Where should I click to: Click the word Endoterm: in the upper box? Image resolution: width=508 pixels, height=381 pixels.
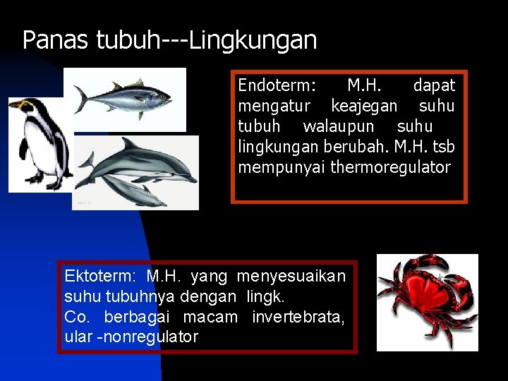(x=277, y=86)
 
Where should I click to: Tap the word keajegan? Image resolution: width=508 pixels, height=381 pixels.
(x=364, y=107)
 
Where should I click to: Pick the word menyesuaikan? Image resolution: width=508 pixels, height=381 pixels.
(x=291, y=276)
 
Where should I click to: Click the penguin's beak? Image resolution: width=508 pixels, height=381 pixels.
(x=13, y=105)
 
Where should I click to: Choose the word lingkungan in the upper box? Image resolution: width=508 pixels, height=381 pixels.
(x=278, y=147)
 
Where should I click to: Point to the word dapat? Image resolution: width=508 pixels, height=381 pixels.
(x=434, y=86)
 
